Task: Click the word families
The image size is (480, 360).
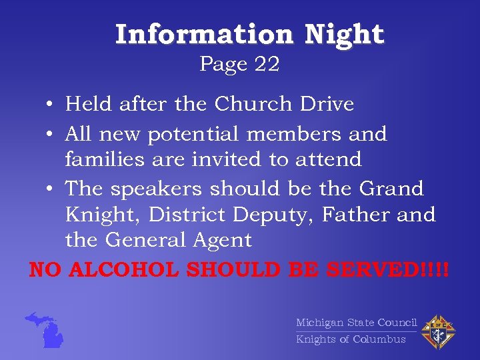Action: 103,159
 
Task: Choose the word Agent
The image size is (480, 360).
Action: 221,240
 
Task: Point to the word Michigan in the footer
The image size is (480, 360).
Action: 319,323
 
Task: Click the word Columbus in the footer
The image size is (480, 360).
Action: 379,339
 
